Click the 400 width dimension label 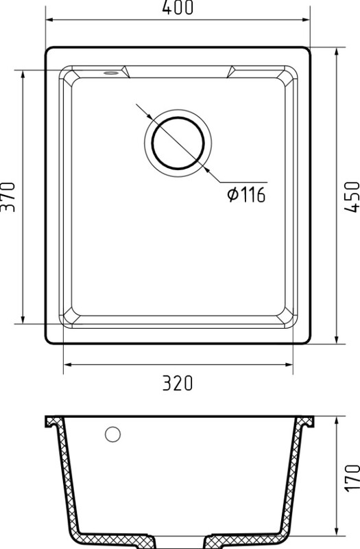(178, 8)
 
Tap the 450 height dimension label (352, 197)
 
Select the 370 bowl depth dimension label (8, 197)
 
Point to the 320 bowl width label (178, 383)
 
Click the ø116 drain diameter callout (247, 195)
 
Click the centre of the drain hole (178, 143)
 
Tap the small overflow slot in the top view (110, 73)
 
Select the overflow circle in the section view (112, 434)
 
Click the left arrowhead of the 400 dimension (50, 20)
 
